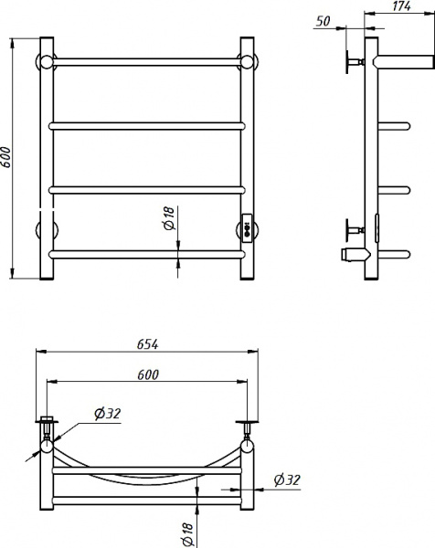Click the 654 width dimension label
147,344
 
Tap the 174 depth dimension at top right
401,6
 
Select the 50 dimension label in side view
323,21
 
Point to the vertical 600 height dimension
7,157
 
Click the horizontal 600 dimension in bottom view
147,374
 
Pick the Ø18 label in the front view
169,218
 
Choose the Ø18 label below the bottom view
187,534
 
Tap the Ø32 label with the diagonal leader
107,414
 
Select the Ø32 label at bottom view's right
287,479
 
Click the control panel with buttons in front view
247,227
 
